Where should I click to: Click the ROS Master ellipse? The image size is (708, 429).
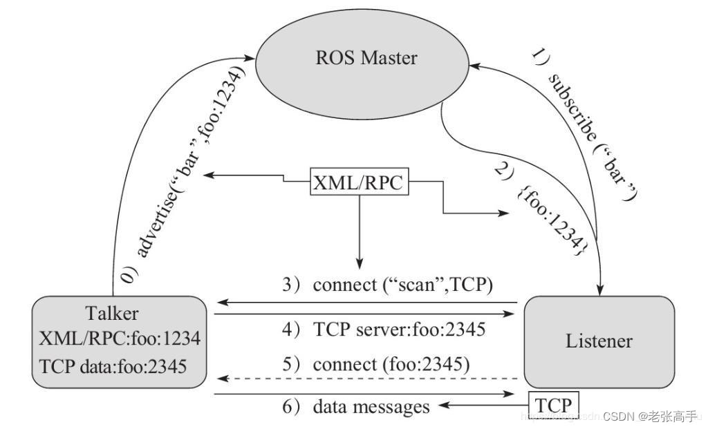pyautogui.click(x=366, y=59)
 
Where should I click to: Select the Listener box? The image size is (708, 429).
pyautogui.click(x=599, y=341)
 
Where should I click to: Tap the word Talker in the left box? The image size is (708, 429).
pyautogui.click(x=111, y=313)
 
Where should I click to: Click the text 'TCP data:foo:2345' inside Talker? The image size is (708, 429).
pyautogui.click(x=112, y=366)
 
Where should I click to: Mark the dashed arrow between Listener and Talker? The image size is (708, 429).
pyautogui.click(x=366, y=379)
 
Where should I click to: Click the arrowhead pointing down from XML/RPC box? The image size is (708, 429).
pyautogui.click(x=359, y=263)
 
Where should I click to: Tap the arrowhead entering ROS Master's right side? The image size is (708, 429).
pyautogui.click(x=476, y=66)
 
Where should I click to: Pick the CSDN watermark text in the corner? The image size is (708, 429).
pyautogui.click(x=649, y=416)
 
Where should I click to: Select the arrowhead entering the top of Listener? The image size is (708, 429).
pyautogui.click(x=599, y=290)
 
